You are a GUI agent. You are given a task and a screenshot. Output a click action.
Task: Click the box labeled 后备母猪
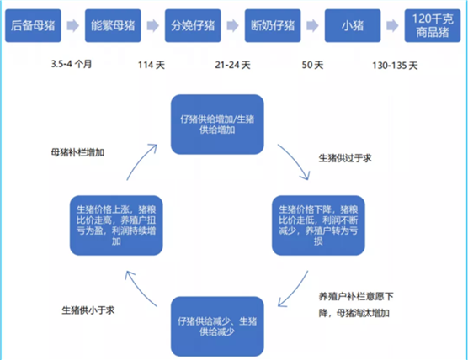[33, 25]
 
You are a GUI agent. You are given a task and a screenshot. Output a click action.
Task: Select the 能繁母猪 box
[113, 25]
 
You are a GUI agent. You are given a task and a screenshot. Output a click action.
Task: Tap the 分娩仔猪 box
[193, 25]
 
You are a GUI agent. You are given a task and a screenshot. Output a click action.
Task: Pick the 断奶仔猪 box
[273, 25]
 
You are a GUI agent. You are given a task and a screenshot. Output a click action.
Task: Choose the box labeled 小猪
[353, 25]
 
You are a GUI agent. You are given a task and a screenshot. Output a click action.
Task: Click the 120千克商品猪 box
[433, 25]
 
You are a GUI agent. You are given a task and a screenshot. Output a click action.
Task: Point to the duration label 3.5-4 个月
[72, 64]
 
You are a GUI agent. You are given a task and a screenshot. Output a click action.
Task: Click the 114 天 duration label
[152, 65]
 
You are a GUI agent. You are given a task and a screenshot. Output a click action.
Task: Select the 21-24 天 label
[233, 65]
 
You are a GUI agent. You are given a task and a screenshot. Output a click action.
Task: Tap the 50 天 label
[312, 65]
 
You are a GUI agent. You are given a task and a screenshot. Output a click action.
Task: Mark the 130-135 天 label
[395, 66]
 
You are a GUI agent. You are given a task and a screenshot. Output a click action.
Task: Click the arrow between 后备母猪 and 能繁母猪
[73, 25]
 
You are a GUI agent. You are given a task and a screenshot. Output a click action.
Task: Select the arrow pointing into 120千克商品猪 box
[392, 25]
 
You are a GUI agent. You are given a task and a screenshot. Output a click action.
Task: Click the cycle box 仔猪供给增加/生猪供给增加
[217, 124]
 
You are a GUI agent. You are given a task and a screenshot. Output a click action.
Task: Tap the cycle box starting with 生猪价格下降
[318, 225]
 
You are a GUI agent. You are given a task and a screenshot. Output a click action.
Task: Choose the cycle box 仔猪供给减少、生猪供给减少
[217, 326]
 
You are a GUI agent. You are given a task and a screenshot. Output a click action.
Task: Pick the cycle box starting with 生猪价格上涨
[116, 225]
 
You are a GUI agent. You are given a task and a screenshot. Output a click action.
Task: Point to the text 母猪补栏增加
[77, 153]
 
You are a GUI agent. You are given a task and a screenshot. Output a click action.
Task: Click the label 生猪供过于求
[345, 158]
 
